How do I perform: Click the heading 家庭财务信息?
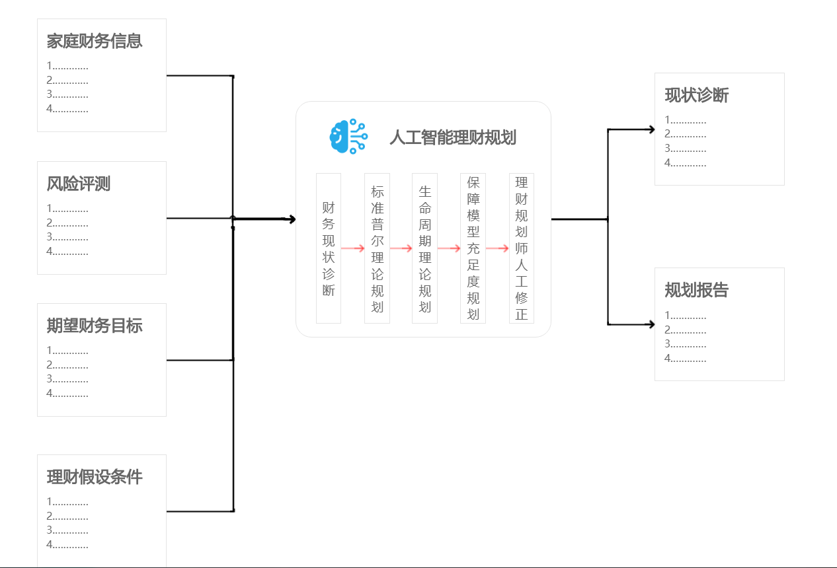click(x=95, y=41)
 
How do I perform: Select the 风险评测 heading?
click(x=79, y=184)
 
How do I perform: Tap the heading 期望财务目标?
click(x=95, y=326)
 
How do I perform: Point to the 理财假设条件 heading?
click(x=95, y=477)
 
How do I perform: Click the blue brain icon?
click(x=348, y=137)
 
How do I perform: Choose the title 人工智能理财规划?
click(x=453, y=137)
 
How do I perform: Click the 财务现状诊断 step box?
click(x=329, y=248)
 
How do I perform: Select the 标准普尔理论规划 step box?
click(x=377, y=248)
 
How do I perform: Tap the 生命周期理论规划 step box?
click(x=424, y=248)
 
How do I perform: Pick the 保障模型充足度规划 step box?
click(x=473, y=248)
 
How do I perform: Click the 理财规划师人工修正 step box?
click(x=521, y=248)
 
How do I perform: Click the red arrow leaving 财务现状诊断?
click(x=353, y=248)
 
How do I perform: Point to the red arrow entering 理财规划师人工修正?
click(x=497, y=248)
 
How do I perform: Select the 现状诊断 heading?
click(x=697, y=95)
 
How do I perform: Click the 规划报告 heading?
click(x=697, y=290)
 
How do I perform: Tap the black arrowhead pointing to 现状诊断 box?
click(x=651, y=129)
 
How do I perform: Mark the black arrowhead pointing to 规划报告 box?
click(x=651, y=324)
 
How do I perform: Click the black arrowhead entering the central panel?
click(x=291, y=219)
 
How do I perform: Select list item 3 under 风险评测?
click(x=67, y=236)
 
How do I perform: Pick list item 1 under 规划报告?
click(x=686, y=315)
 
